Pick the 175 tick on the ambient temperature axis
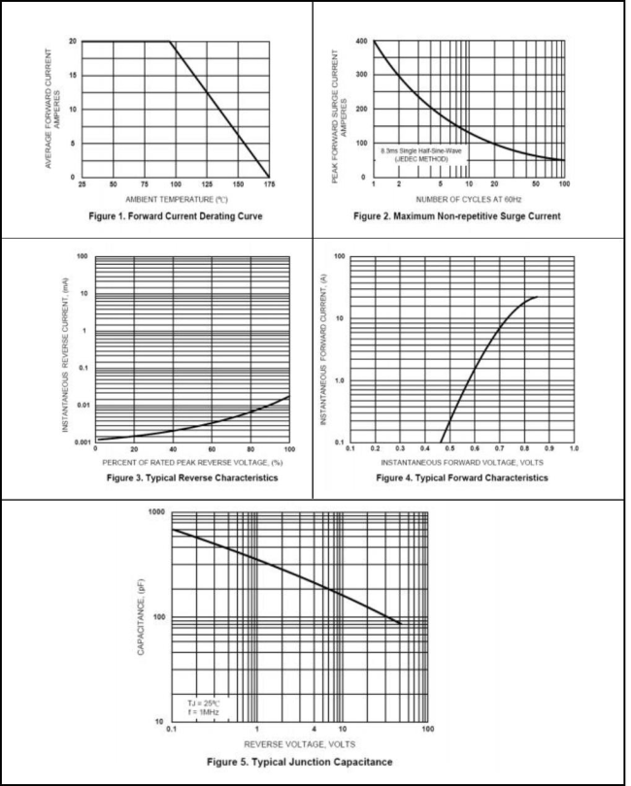[268, 184]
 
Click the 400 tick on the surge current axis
[362, 42]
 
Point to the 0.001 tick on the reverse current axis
[83, 442]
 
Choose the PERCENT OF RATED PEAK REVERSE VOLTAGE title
[192, 461]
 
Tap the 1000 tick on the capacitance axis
[155, 511]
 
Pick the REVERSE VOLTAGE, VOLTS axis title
[299, 742]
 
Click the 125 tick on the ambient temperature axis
[206, 184]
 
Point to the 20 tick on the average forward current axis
[73, 42]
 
